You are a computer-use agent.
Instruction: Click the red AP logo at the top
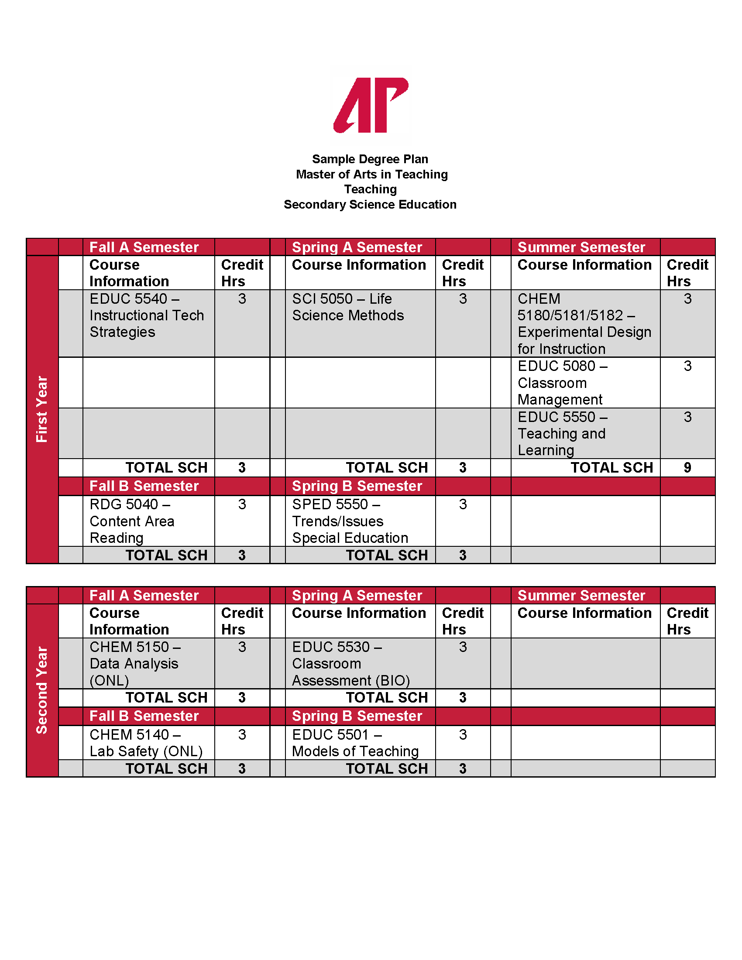tap(371, 105)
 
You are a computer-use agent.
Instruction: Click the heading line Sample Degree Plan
tap(370, 159)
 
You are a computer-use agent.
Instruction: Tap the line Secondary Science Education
tap(370, 204)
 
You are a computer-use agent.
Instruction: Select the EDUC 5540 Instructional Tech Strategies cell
tap(147, 315)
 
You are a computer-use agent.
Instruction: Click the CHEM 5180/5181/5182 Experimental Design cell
tap(584, 323)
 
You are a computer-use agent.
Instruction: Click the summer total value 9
tap(687, 468)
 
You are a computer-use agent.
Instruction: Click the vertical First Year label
tap(42, 409)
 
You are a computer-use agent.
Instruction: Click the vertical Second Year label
tap(42, 690)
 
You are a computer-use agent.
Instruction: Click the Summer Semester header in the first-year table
tap(581, 247)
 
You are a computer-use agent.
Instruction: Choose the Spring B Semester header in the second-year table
tap(357, 716)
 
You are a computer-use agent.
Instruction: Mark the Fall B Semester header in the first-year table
tap(144, 486)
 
